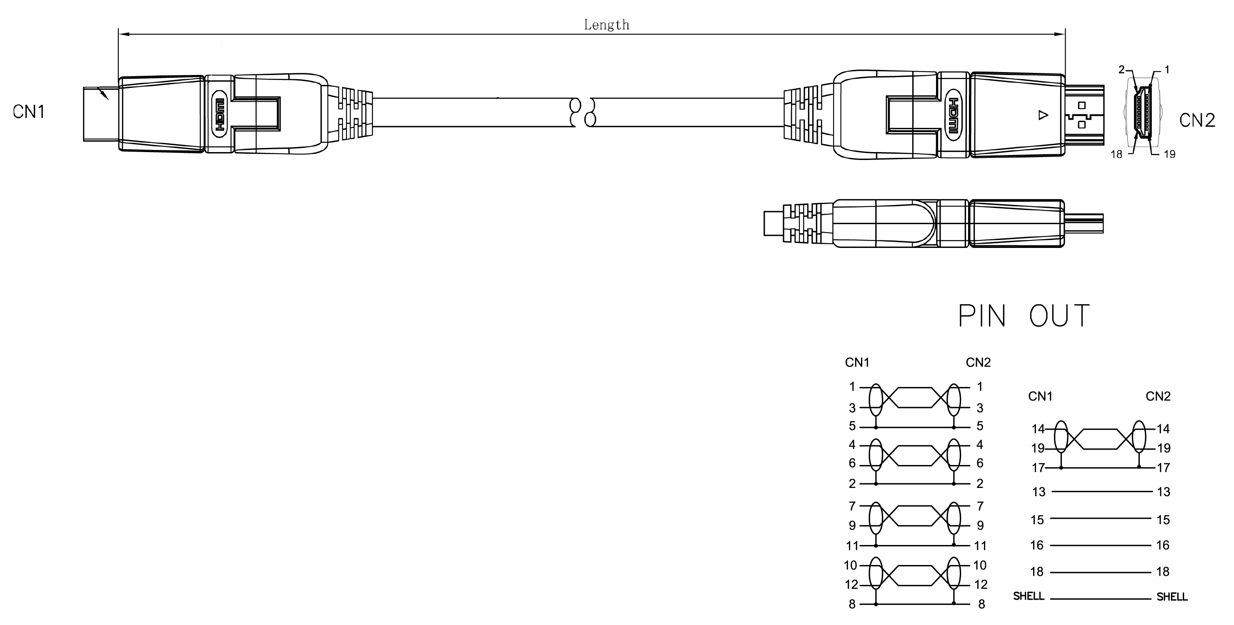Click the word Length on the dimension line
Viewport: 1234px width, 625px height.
(x=606, y=25)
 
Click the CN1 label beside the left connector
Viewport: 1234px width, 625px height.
(x=29, y=112)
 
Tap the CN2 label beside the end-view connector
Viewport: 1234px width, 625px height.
(x=1197, y=120)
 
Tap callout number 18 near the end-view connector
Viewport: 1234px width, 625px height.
(x=1116, y=154)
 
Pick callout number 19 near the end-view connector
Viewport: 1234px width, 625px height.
(x=1169, y=154)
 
